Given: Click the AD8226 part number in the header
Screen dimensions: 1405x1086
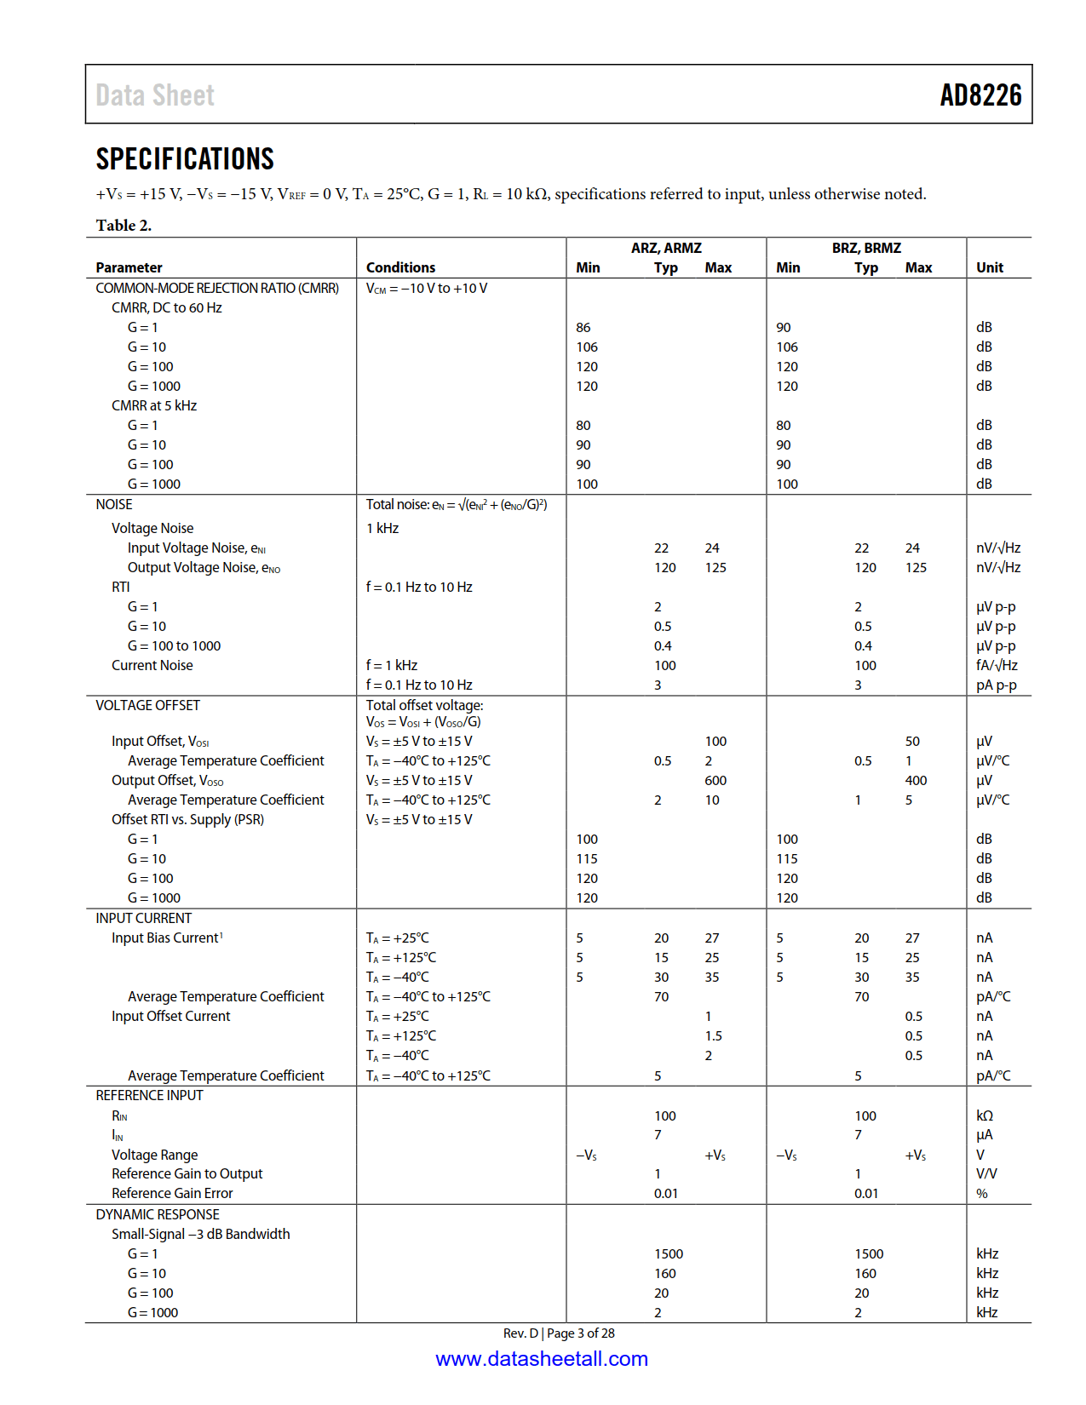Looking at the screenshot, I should coord(980,95).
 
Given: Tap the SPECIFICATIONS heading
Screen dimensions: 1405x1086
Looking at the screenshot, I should coord(185,159).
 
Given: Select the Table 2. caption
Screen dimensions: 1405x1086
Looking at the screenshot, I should coord(124,226).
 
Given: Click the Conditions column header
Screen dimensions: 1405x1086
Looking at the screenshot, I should coord(400,267).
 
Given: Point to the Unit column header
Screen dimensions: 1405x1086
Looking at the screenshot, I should coord(989,267).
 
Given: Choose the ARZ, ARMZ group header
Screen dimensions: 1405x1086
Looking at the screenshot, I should coord(666,248).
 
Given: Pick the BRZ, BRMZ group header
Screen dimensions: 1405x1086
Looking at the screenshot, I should coord(866,248).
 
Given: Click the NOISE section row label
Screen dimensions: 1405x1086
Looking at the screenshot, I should coord(114,505).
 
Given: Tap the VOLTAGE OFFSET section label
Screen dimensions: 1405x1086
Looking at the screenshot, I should coord(147,706).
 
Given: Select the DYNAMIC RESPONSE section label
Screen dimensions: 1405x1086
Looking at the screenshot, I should coord(158,1215).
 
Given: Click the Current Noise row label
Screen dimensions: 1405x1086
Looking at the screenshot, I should coord(152,666).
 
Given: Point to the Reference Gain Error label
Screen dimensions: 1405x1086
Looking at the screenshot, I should coord(172,1194).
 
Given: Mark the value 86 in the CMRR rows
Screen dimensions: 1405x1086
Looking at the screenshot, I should coord(583,328).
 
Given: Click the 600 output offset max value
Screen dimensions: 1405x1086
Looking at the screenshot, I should coord(715,781).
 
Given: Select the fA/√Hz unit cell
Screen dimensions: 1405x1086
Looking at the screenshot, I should coord(997,666).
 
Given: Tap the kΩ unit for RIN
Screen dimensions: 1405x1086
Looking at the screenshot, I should coord(985,1116).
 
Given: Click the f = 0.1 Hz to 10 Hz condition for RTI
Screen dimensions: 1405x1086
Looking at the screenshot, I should coord(419,588).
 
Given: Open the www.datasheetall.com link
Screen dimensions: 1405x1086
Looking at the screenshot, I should coord(542,1359).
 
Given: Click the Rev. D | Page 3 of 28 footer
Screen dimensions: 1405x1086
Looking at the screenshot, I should coord(559,1333).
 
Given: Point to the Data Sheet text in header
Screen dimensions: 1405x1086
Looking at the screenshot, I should coord(155,95).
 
